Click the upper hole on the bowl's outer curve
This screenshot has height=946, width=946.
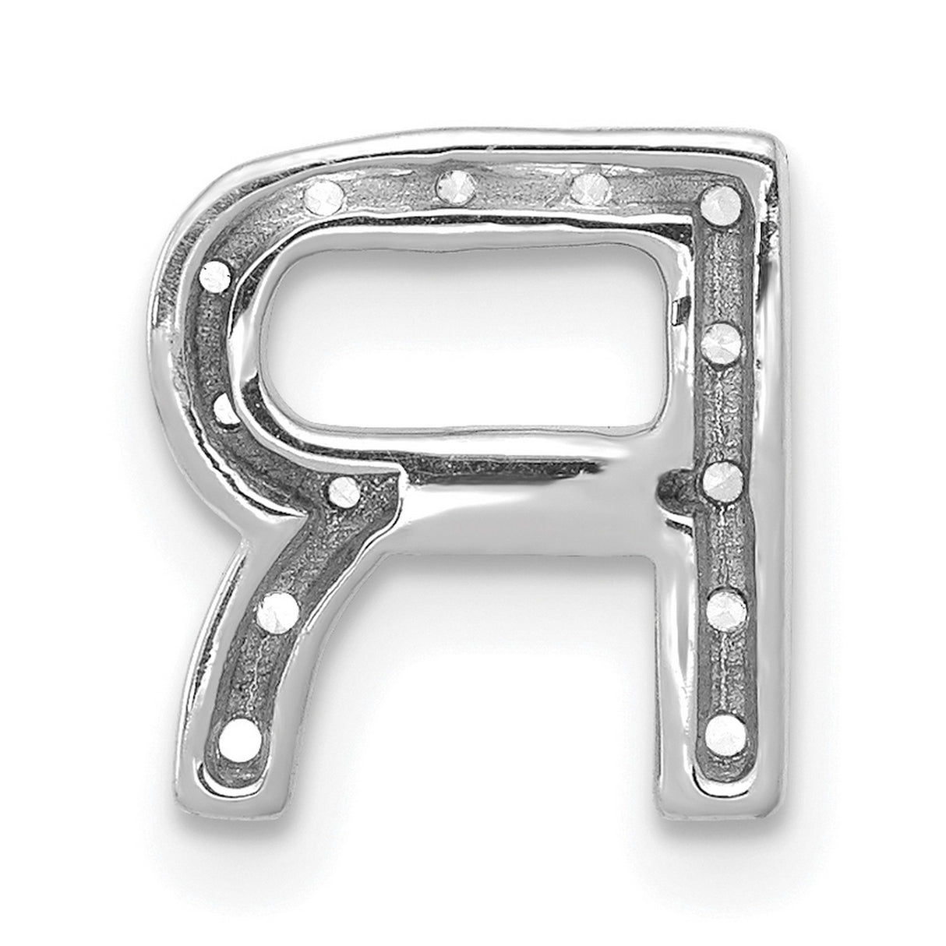pos(216,275)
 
